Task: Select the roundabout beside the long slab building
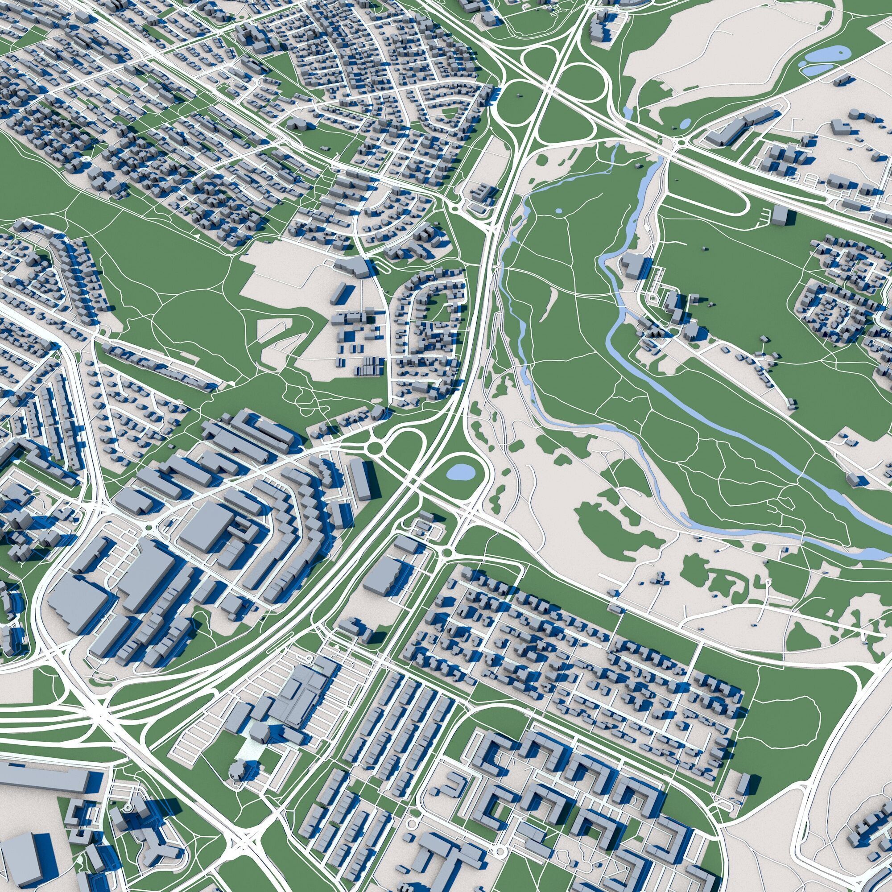point(375,447)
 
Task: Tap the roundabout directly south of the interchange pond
point(446,553)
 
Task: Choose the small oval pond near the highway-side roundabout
point(686,123)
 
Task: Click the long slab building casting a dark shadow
point(360,479)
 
